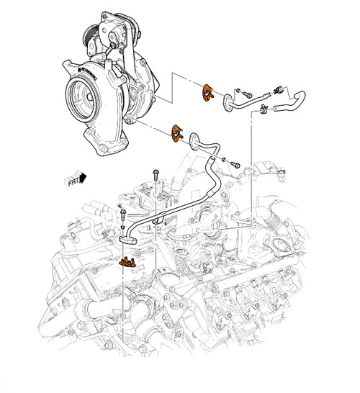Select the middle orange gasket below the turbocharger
(176, 132)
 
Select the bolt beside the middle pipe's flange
(235, 164)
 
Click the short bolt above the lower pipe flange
(122, 214)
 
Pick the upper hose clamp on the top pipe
(276, 91)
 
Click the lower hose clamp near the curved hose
(265, 110)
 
